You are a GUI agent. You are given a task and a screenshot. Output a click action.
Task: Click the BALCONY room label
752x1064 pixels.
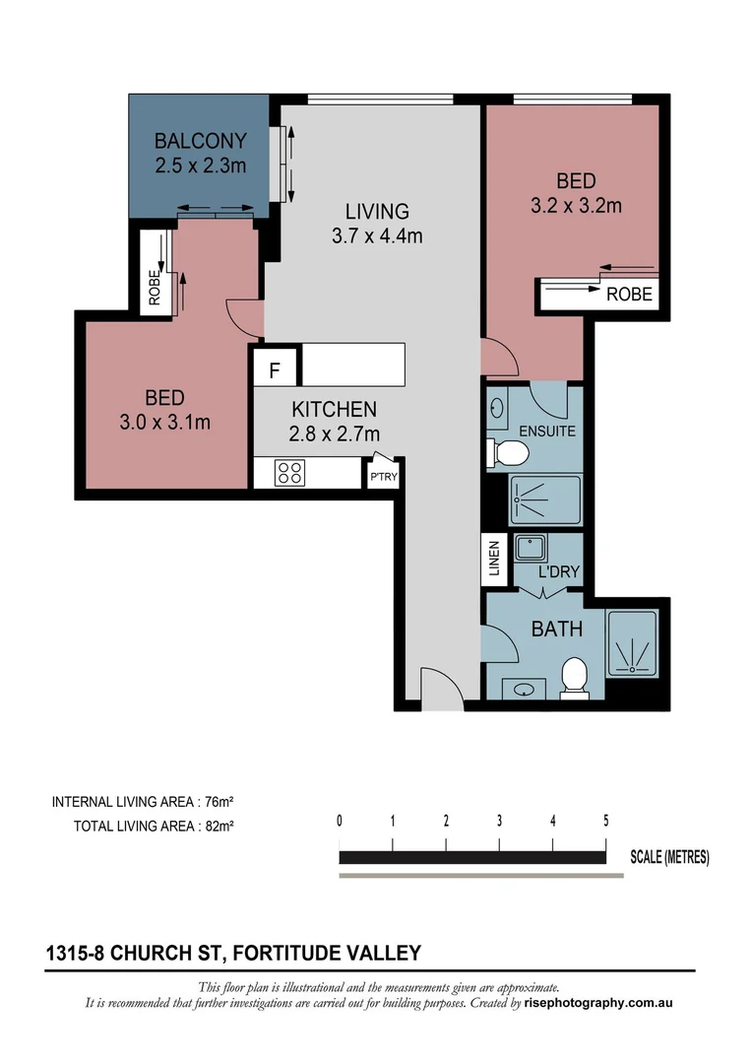coord(200,141)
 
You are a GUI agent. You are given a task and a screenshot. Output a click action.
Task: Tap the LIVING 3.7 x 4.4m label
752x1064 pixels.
coord(376,223)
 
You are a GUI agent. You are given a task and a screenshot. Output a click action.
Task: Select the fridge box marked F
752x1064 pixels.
coord(276,371)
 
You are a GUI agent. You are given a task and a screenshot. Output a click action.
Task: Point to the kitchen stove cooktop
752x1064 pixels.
coord(289,472)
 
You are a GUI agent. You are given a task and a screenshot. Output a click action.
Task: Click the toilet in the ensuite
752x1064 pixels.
coord(509,453)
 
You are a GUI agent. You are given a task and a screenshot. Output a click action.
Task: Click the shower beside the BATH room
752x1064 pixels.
coord(631,643)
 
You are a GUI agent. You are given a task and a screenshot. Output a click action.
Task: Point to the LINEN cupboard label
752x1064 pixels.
coord(494,558)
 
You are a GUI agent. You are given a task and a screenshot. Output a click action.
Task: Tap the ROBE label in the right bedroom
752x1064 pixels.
coord(627,294)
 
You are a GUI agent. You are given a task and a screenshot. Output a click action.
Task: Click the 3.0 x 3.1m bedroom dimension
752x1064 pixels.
coord(164,423)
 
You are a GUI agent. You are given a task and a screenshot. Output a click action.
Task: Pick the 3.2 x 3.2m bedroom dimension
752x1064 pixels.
coord(576,205)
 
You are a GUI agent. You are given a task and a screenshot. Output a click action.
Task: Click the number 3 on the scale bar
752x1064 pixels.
coord(499,821)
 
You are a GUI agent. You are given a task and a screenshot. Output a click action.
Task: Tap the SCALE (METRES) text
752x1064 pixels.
coord(669,857)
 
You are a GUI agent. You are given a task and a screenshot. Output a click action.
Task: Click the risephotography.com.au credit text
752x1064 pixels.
coord(599,1003)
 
